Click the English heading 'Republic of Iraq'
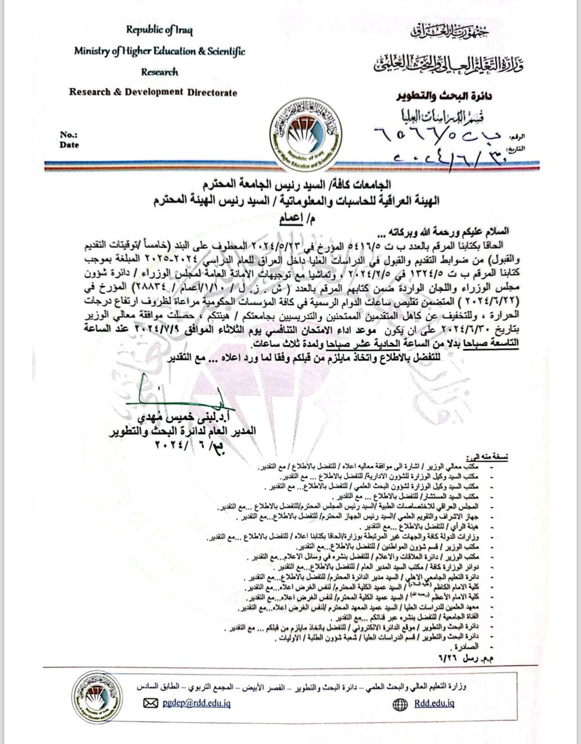[160, 30]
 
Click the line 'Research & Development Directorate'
[153, 92]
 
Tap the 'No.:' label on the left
[68, 135]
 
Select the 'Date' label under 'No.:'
[69, 145]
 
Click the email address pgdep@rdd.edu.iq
[196, 703]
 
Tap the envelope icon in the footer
[150, 703]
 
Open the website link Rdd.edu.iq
[435, 703]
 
